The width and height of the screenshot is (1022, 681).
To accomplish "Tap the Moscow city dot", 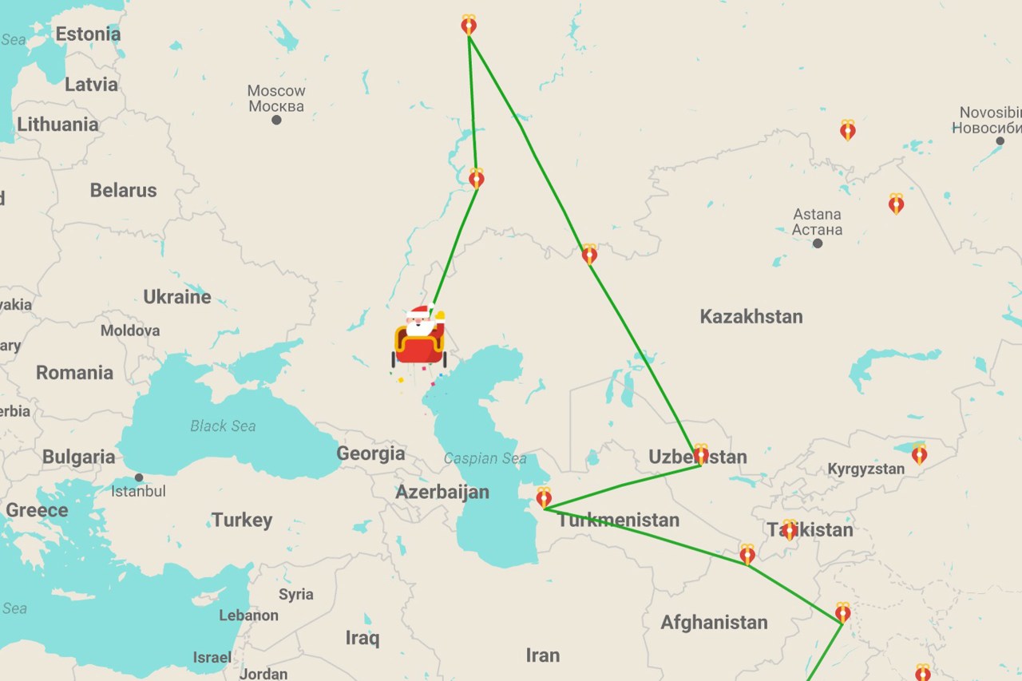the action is click(x=276, y=120).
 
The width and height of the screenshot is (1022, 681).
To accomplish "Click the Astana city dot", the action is click(x=817, y=243).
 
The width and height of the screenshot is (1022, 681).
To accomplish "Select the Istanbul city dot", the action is click(x=139, y=477).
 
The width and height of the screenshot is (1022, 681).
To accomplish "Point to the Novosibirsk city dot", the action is click(x=1000, y=141).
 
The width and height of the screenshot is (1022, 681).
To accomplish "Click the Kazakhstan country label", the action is click(x=751, y=316).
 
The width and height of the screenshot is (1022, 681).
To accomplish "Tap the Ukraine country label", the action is click(x=177, y=297).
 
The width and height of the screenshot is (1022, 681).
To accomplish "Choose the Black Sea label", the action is click(x=223, y=426).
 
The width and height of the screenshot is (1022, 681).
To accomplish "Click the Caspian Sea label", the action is click(x=485, y=458).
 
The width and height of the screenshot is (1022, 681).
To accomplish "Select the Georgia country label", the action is click(x=370, y=453).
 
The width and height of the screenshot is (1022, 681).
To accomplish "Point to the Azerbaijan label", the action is click(x=442, y=492).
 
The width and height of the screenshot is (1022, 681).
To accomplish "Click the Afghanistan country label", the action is click(x=714, y=623).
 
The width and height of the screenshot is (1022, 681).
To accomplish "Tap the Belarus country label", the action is click(x=123, y=190).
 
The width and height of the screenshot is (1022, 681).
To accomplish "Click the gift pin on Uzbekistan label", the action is click(x=700, y=454).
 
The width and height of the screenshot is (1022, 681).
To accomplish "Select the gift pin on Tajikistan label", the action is click(x=789, y=529).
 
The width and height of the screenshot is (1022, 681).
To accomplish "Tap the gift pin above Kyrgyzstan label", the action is click(x=919, y=453).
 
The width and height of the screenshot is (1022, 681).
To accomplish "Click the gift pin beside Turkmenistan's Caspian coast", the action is click(x=544, y=497).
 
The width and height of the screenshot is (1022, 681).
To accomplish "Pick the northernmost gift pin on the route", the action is click(x=469, y=25).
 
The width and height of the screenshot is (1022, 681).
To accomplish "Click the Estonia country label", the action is click(x=88, y=34).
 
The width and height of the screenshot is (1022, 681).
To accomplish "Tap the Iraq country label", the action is click(x=362, y=638).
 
